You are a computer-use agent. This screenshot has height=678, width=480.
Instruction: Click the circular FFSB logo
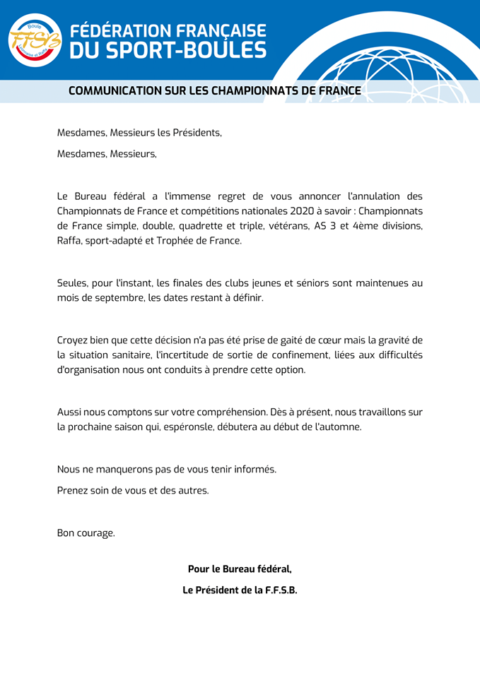click(35, 40)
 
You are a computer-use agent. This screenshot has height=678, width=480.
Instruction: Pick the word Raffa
click(70, 241)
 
